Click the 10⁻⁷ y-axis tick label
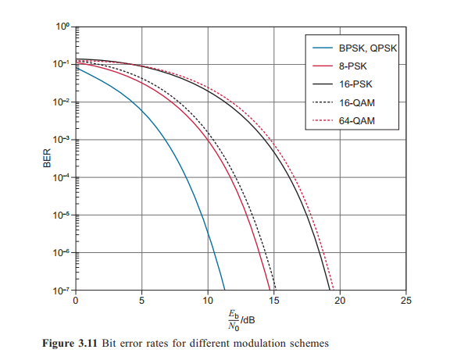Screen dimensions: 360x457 pyautogui.click(x=62, y=290)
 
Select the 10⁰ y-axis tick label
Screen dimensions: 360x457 pyautogui.click(x=62, y=27)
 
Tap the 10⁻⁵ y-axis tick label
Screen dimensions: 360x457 pyautogui.click(x=62, y=215)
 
